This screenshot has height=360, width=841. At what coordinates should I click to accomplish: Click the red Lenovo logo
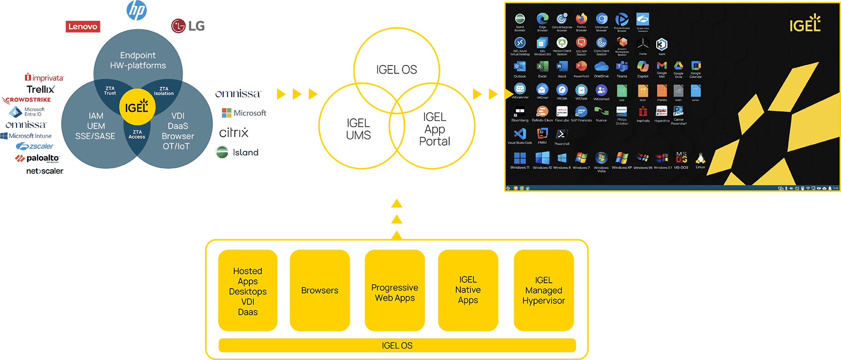coord(83,27)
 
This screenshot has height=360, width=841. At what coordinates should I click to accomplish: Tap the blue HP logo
coord(137,10)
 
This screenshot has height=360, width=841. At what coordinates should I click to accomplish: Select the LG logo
coord(188,26)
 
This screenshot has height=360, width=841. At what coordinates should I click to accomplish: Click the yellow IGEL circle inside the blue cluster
coord(137,107)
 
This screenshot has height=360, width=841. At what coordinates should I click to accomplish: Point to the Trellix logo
coord(41,89)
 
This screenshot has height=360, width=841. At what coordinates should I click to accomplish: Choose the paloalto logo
coord(37,158)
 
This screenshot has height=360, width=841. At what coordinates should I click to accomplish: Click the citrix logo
coord(234,132)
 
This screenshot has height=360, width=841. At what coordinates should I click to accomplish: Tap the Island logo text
coord(245,152)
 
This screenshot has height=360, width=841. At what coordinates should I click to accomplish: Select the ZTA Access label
coord(137,134)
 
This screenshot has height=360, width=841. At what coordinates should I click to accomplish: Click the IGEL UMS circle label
coord(358,130)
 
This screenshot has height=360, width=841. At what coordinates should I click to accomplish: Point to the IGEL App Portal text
coord(435,130)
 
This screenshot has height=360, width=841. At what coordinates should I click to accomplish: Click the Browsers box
coord(320,291)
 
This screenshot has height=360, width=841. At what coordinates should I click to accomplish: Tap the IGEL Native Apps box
coord(468,290)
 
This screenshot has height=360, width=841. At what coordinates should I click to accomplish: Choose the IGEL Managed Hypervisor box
coord(544,291)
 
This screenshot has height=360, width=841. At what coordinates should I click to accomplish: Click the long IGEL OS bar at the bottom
coord(397,345)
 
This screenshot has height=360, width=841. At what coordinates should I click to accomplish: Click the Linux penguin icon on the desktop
coord(700,159)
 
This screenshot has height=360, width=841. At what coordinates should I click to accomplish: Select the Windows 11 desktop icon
coord(519,159)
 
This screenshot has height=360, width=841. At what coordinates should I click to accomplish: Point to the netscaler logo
coord(45,171)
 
